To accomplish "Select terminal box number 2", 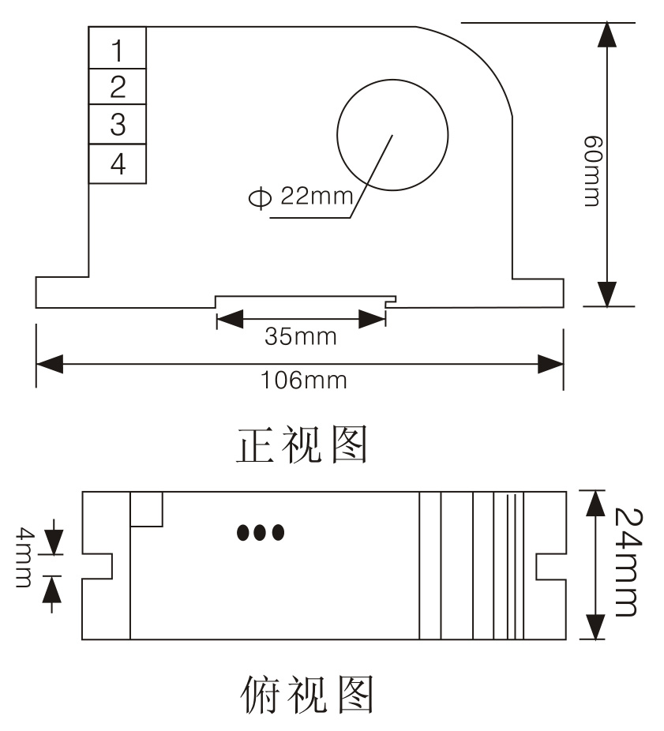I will tap(118, 86).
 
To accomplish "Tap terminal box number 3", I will tap(118, 124).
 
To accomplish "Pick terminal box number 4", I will tap(118, 164).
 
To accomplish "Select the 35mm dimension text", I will tap(300, 337).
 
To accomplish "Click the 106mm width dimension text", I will tap(304, 380).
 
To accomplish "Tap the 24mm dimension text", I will tap(624, 561).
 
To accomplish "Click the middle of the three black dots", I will tap(261, 533).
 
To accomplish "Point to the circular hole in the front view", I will tap(392, 134).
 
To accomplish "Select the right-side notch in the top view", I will tap(550, 564).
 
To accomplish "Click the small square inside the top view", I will tap(147, 508).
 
